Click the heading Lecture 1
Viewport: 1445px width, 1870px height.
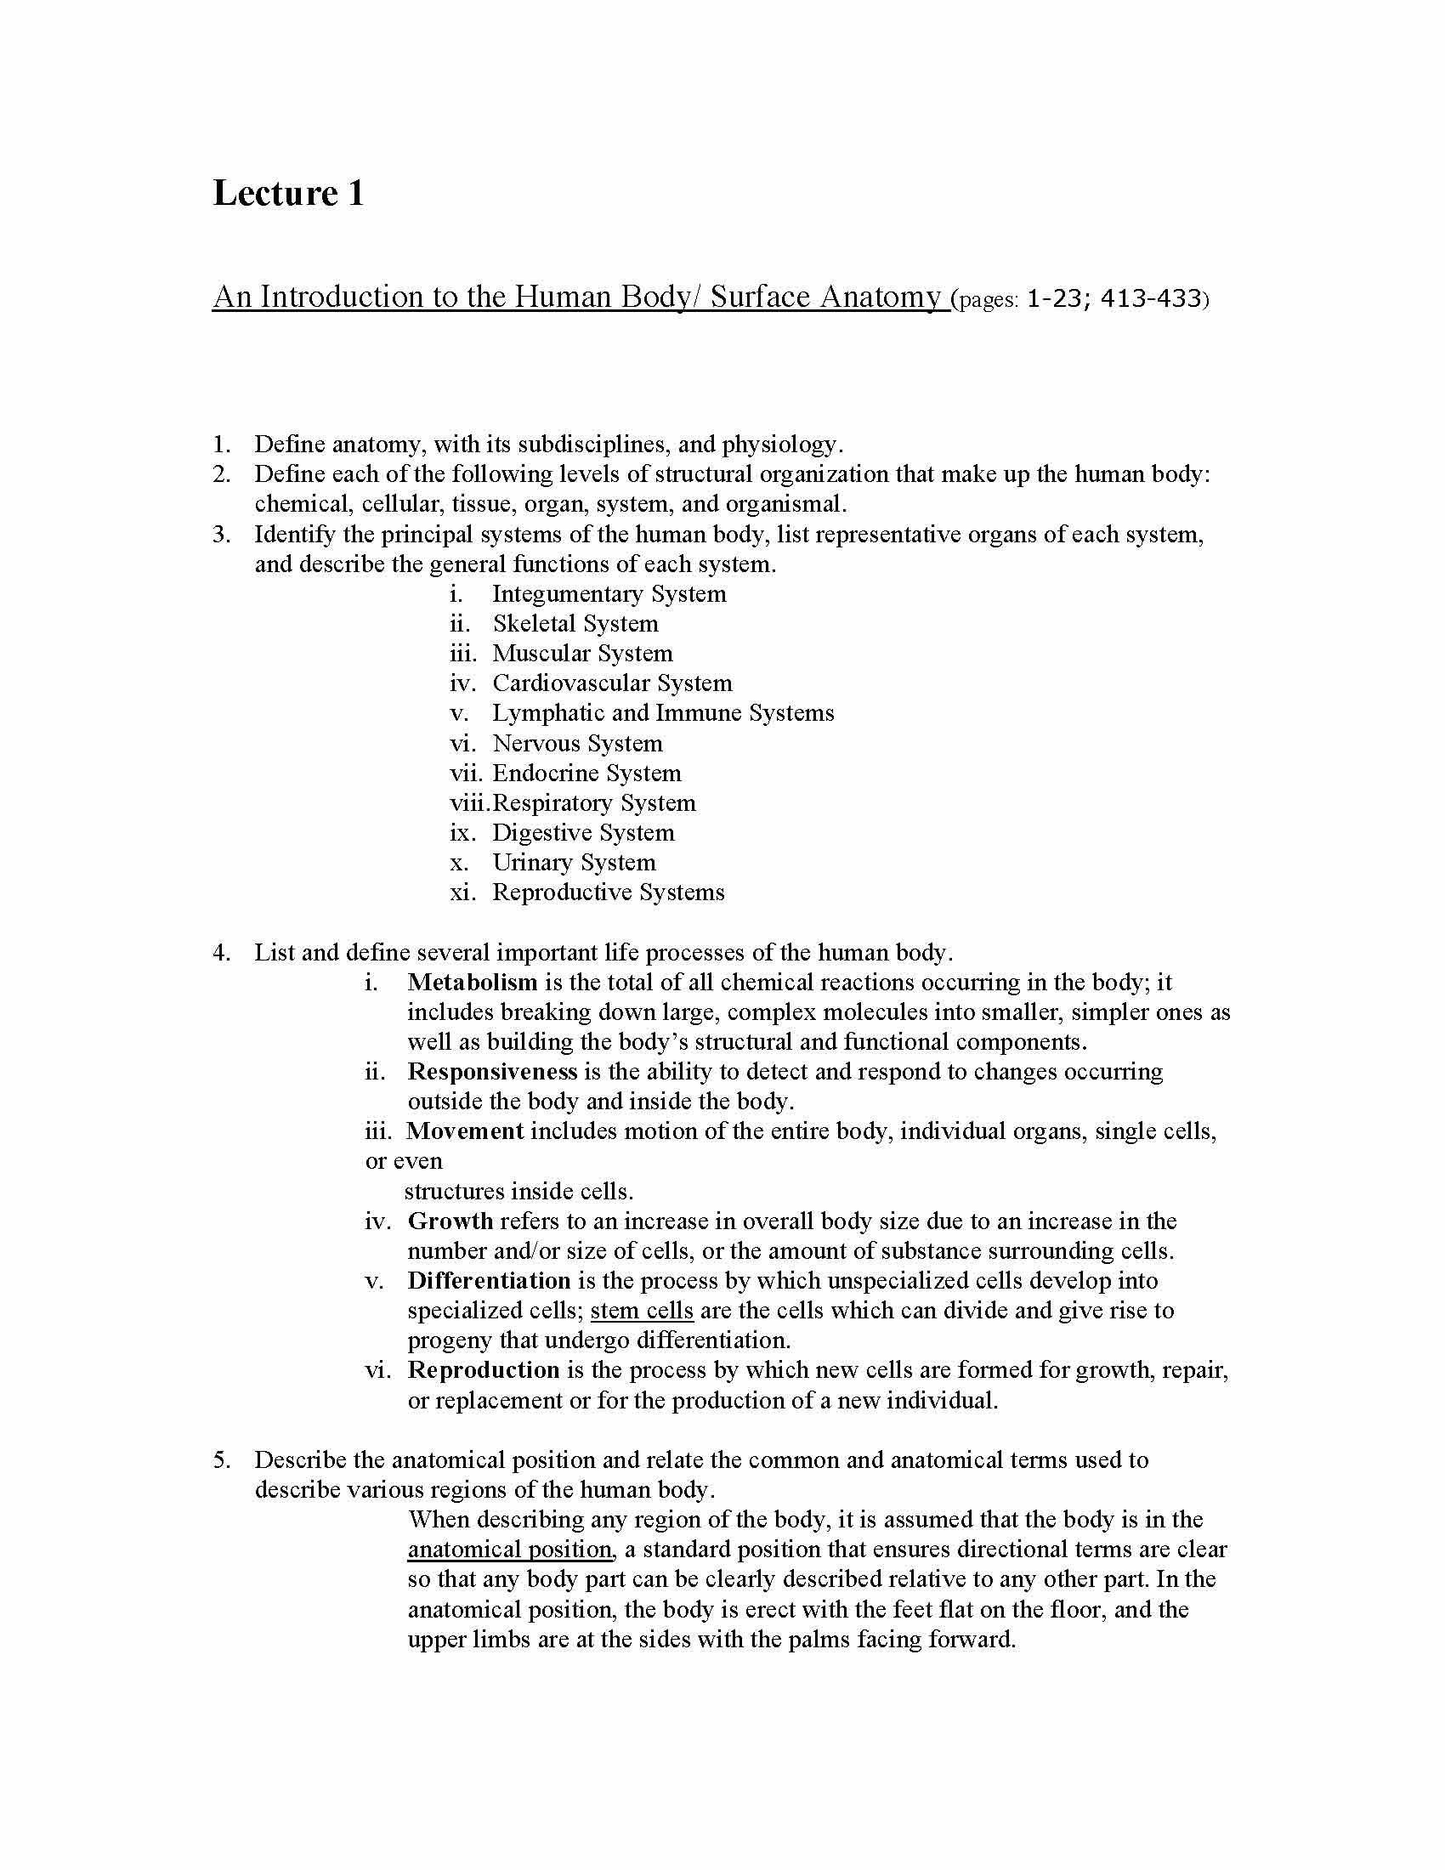tap(287, 193)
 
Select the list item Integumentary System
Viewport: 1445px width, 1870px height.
tap(609, 594)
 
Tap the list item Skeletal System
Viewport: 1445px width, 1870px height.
tap(575, 624)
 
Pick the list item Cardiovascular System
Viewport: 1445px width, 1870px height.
tap(612, 683)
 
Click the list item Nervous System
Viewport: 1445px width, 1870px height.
tap(577, 743)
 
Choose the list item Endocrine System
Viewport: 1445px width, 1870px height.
tap(586, 773)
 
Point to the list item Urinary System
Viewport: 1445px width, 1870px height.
tap(574, 862)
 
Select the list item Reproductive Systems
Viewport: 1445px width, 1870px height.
tap(608, 892)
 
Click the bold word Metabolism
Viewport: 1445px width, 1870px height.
tap(473, 982)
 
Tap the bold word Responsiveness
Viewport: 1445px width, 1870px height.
tap(492, 1072)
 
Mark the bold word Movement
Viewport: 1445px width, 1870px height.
tap(465, 1131)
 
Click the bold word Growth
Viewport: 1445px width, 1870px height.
tap(450, 1221)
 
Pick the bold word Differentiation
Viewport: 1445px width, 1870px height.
tap(489, 1281)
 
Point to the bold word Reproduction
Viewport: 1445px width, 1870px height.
tap(484, 1370)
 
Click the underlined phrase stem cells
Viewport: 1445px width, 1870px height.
tap(641, 1311)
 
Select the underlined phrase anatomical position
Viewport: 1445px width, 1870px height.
tap(509, 1550)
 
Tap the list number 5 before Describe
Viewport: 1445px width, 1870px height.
tap(221, 1459)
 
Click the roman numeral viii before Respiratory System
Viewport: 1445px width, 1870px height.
tap(469, 803)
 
